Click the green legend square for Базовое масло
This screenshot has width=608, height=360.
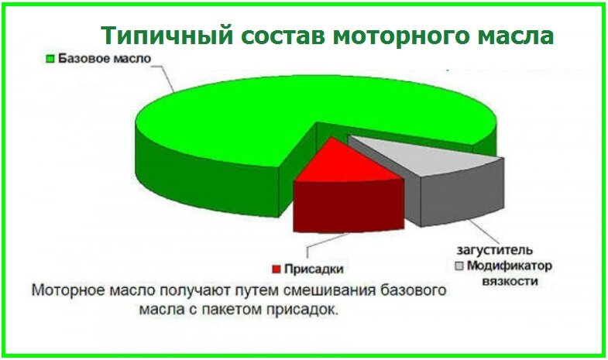52,58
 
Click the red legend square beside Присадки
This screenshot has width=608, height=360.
277,269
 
